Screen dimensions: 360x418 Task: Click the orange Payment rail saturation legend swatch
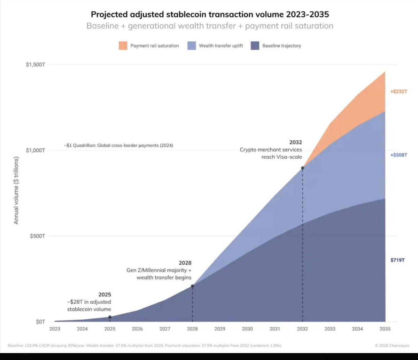click(123, 46)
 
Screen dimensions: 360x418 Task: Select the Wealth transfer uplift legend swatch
click(192, 46)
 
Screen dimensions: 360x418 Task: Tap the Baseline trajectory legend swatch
click(255, 46)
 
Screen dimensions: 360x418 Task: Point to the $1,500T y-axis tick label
click(36, 65)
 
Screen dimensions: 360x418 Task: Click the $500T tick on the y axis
click(37, 236)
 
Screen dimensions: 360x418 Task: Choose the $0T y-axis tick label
click(40, 322)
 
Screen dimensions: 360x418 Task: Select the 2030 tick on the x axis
click(247, 329)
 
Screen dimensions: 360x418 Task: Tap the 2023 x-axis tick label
click(55, 329)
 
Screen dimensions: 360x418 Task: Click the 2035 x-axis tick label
click(385, 329)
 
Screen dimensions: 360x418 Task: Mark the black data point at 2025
click(110, 317)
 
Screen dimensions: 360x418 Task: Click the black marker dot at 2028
click(192, 286)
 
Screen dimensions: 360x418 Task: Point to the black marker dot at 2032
click(302, 168)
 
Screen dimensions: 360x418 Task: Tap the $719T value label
click(397, 260)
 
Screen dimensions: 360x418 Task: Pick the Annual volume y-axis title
click(16, 190)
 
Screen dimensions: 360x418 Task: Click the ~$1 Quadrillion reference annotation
click(118, 146)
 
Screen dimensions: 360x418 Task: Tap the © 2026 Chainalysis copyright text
click(392, 346)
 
